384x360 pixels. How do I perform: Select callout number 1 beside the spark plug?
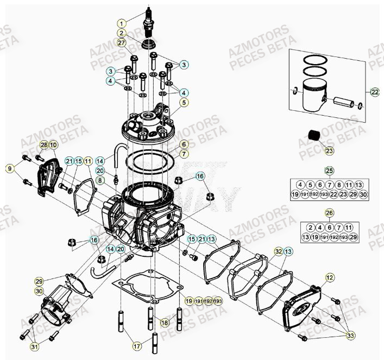(122, 23)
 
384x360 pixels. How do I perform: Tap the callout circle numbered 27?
(122, 43)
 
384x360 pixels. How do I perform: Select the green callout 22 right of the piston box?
(375, 92)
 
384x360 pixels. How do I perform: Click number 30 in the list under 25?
(364, 194)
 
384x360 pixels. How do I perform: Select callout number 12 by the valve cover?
(329, 278)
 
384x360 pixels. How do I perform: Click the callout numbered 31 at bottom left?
(34, 347)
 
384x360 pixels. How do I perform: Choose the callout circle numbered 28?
(44, 146)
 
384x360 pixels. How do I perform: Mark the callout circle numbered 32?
(278, 251)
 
